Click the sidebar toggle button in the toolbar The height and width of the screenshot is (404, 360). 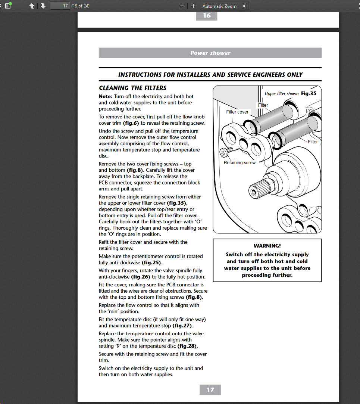point(7,6)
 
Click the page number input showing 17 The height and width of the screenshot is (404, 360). point(60,6)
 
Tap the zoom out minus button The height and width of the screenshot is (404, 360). point(182,6)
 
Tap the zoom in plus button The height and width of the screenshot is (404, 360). point(193,6)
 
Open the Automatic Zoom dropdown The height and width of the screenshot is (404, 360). point(224,6)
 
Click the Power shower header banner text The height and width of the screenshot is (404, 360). point(210,53)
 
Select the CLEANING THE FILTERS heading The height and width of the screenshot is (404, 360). point(132,88)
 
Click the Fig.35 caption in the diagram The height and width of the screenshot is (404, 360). point(309,93)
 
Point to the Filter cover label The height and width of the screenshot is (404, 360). point(237,112)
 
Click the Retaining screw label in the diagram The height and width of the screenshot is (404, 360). point(240,163)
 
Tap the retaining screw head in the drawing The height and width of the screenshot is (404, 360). point(223,152)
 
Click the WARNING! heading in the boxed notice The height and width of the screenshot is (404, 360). point(267,246)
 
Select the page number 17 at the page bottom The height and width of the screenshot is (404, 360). point(210,390)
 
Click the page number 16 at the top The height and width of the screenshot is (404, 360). point(207,16)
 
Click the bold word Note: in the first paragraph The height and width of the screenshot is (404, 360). point(106,96)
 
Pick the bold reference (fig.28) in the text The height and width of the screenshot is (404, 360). point(187,346)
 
